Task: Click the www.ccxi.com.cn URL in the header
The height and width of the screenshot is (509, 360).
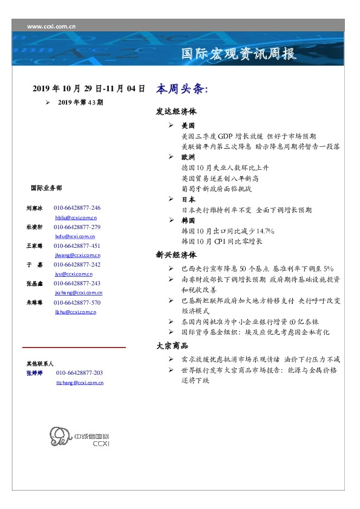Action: pos(52,26)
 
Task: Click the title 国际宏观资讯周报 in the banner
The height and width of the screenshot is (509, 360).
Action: pos(239,54)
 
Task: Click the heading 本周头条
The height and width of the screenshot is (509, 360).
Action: pos(182,89)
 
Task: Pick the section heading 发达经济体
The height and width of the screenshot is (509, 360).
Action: pos(176,112)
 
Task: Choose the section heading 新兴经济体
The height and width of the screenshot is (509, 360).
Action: pos(176,255)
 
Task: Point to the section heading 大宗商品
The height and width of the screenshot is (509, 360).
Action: pos(172,346)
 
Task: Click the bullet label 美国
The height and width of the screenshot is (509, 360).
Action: pos(188,126)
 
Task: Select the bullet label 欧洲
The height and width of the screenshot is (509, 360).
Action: pos(188,156)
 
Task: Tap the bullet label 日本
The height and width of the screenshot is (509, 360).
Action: pos(188,199)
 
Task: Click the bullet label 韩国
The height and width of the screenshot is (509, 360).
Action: pos(188,221)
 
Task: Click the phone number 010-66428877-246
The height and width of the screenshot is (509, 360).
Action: pos(77,207)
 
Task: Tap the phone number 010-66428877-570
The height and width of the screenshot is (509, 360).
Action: pos(77,302)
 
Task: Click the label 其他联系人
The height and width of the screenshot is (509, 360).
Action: pos(40,364)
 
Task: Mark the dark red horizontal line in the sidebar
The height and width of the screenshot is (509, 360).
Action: pos(74,348)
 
